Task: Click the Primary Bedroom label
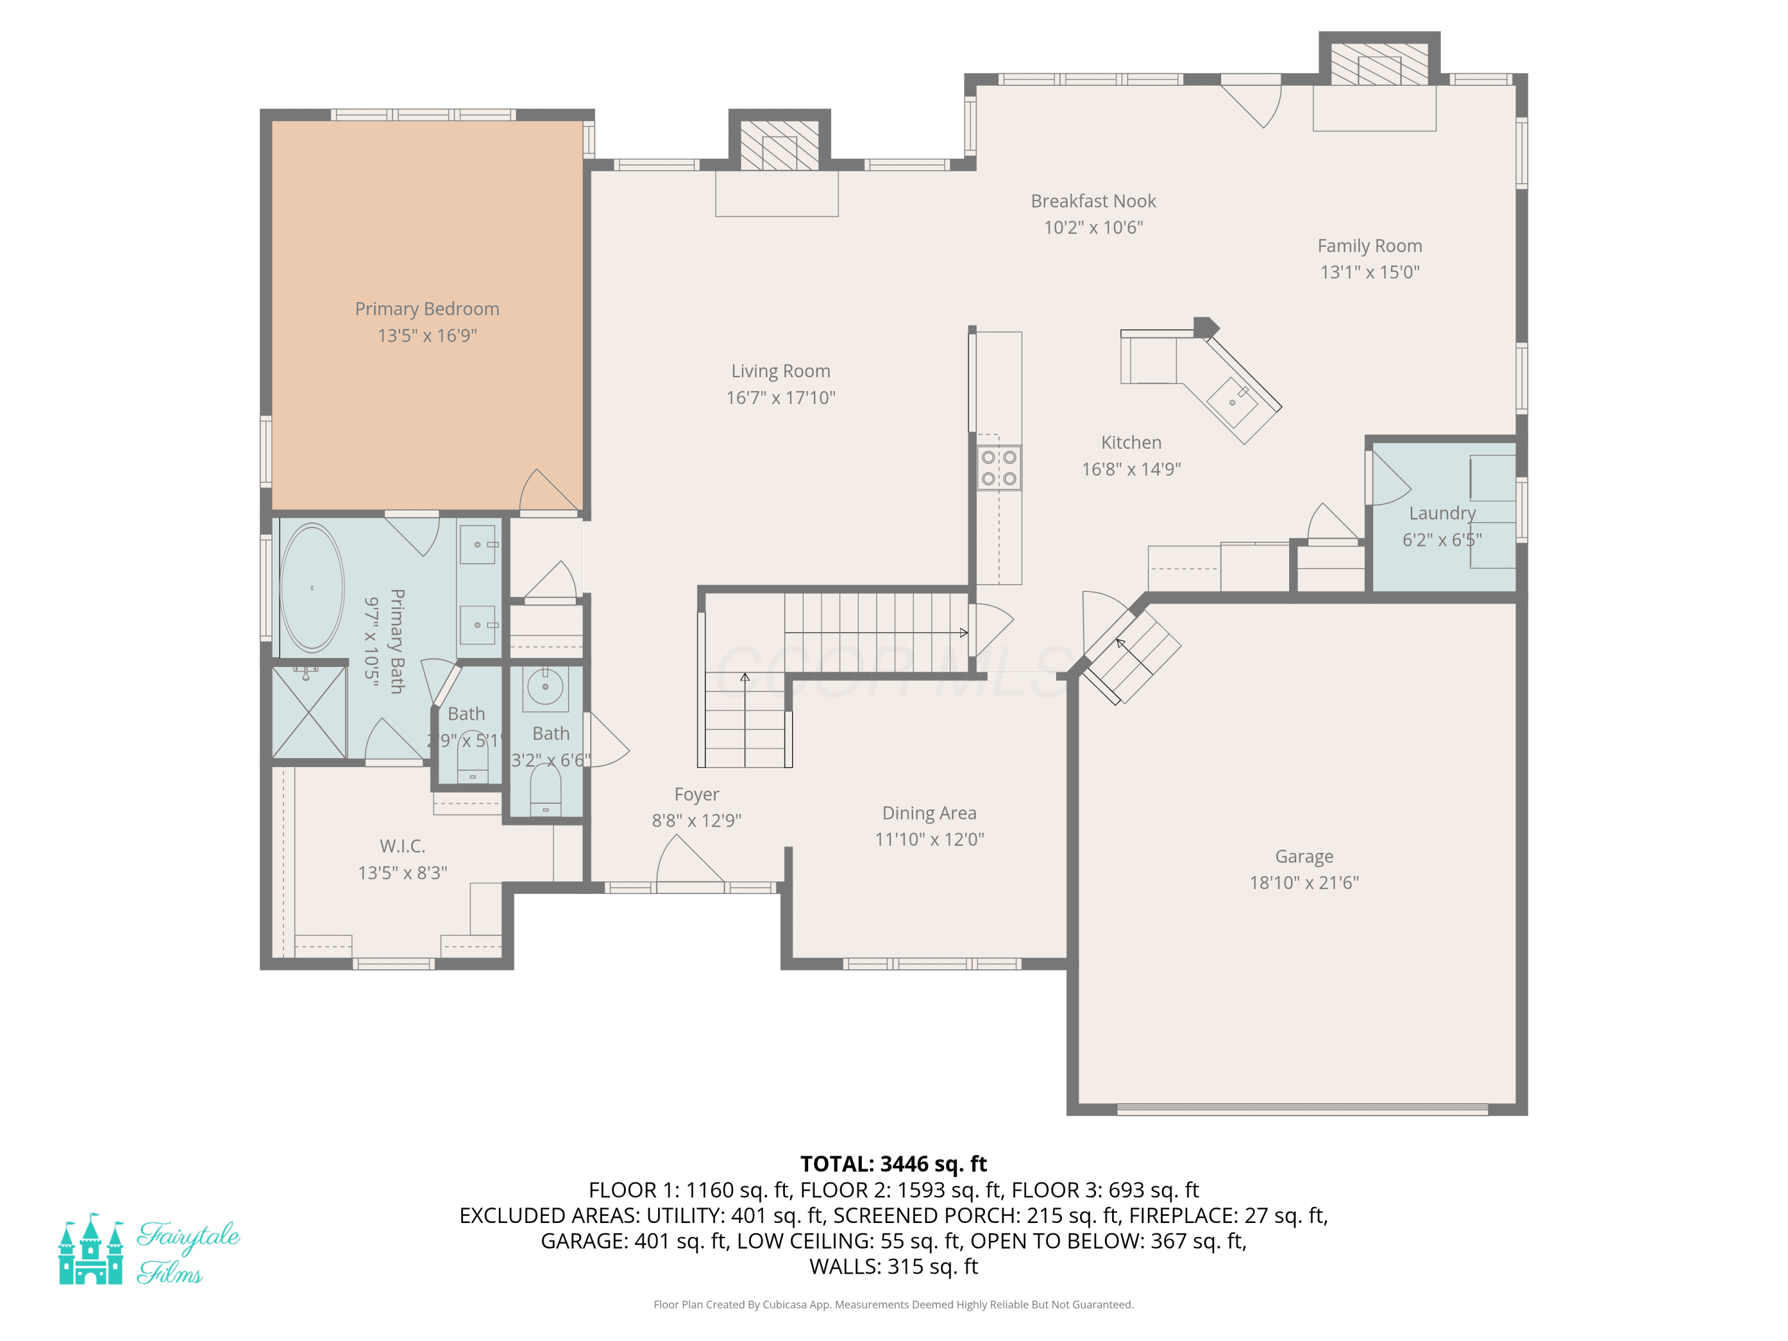click(x=427, y=309)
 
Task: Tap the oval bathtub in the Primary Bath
click(x=312, y=588)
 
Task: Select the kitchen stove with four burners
click(x=999, y=468)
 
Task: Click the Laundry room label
click(x=1442, y=513)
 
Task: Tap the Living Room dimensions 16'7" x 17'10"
click(x=781, y=398)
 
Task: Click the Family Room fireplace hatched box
click(x=1379, y=64)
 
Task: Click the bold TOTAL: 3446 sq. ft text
click(x=893, y=1164)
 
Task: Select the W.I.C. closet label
click(x=402, y=846)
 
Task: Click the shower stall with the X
click(x=309, y=712)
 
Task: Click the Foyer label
click(x=696, y=794)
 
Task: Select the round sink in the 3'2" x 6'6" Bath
click(x=545, y=688)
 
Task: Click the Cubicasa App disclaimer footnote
click(x=893, y=1305)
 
